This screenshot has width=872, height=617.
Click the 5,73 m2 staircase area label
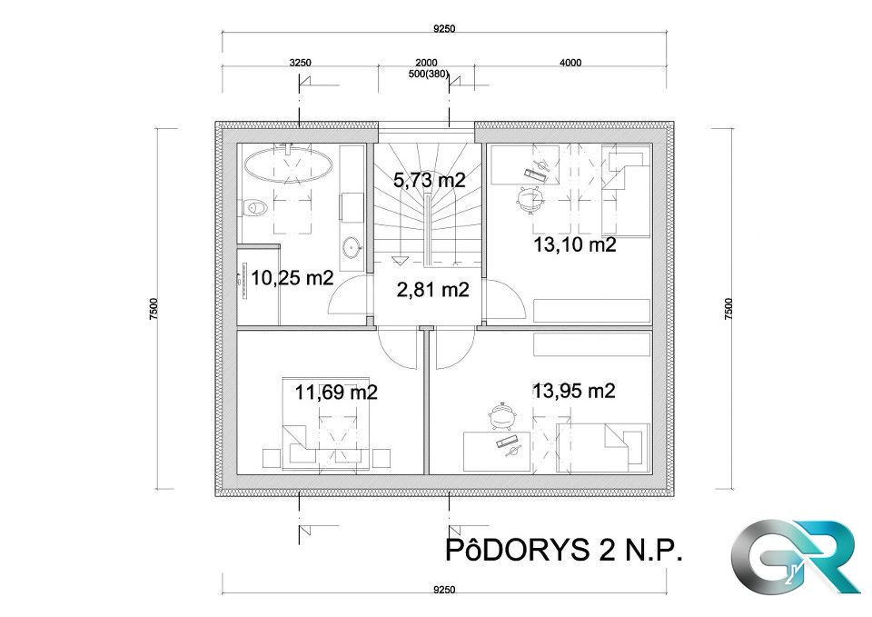point(429,180)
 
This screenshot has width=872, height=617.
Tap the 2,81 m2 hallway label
point(432,290)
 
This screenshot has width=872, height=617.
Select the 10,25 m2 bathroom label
point(292,278)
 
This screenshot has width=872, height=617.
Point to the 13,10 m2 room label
point(575,244)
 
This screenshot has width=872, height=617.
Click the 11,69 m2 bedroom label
point(336,393)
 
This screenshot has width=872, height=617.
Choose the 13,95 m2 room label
point(574,391)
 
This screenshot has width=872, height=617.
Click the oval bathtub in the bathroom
point(288,165)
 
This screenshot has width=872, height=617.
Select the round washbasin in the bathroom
point(352,245)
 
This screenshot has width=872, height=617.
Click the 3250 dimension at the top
point(300,63)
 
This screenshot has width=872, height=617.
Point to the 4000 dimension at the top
point(570,63)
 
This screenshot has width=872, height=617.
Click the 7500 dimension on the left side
point(155,309)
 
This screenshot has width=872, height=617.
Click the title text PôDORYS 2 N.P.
point(563,550)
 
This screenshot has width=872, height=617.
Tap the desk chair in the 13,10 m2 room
point(528,196)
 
